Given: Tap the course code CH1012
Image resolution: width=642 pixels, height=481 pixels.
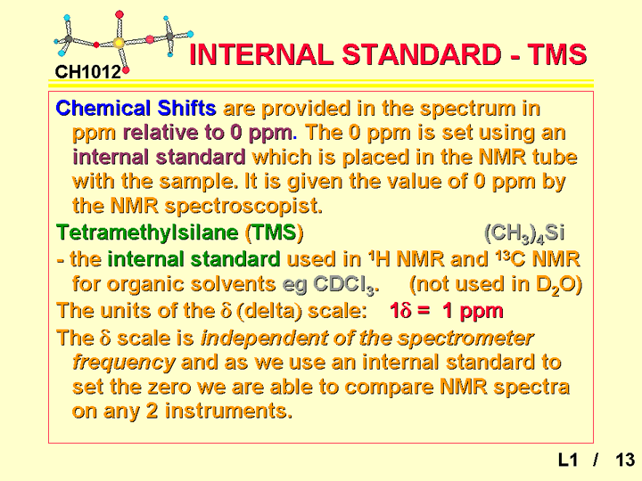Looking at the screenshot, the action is click(x=88, y=72).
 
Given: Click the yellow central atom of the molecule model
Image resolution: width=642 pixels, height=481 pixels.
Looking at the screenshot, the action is click(x=119, y=43).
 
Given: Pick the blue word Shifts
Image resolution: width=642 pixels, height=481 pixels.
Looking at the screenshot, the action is click(x=186, y=109).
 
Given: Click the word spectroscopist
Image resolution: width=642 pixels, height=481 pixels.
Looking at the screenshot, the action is click(x=243, y=207).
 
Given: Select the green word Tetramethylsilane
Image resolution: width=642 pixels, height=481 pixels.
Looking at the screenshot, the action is click(x=147, y=232).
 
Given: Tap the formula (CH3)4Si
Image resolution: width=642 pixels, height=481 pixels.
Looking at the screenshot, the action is click(x=524, y=233).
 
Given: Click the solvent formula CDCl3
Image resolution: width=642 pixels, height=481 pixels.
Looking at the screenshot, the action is click(x=346, y=285).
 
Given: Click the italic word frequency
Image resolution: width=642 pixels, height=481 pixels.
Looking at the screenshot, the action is click(x=124, y=363).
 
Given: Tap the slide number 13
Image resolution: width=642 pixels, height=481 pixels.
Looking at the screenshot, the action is click(x=625, y=461).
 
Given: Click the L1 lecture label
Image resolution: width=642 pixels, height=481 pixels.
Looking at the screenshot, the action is click(x=568, y=461).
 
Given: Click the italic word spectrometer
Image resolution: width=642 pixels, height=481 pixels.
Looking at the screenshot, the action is click(x=465, y=338).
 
